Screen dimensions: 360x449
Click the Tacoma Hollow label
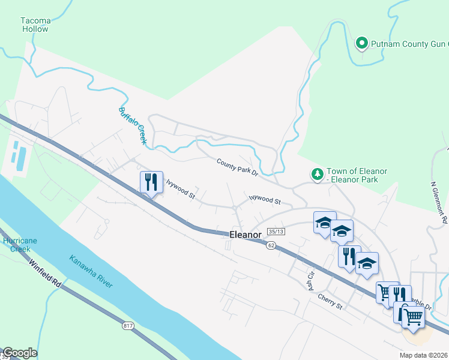coord(36,24)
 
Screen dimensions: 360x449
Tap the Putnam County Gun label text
coord(409,44)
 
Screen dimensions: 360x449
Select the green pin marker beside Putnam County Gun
coord(361,43)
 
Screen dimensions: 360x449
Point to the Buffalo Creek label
coord(133,125)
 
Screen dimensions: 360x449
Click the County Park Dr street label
coord(237,167)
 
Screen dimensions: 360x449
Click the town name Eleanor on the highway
coord(246,235)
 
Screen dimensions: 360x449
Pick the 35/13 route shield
coord(276,232)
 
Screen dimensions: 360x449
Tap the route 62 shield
coord(271,245)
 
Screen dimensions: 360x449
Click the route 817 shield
coord(127,325)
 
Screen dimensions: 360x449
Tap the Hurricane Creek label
coord(20,245)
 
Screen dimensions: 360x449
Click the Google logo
coord(20,353)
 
